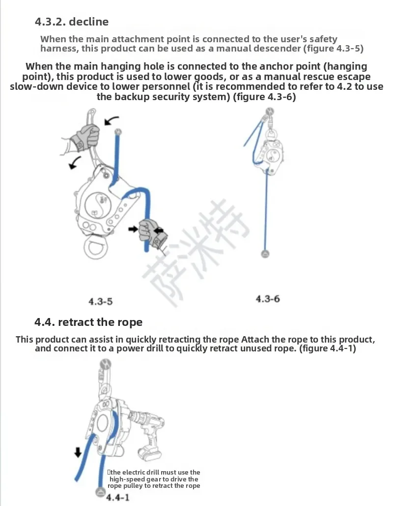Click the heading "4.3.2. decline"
[x=72, y=22]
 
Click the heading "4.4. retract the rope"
[x=88, y=322]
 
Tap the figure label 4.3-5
[x=101, y=301]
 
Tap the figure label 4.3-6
[x=268, y=298]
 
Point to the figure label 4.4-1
[x=118, y=498]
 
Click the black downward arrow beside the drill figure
[x=78, y=452]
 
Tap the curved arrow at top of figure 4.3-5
[x=112, y=120]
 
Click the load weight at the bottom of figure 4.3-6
[x=265, y=253]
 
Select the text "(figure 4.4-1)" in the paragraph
[x=328, y=348]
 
